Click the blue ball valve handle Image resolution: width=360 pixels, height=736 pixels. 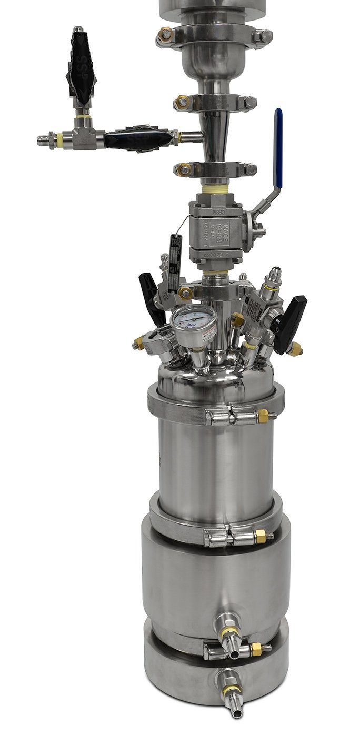point(278,147)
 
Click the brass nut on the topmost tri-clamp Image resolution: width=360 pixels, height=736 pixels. point(166,35)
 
